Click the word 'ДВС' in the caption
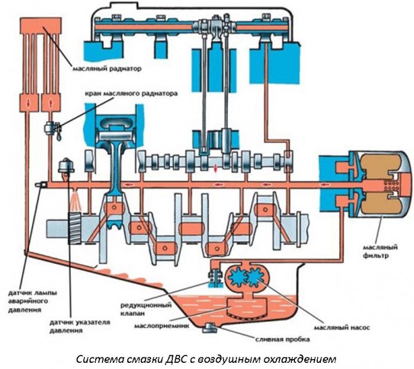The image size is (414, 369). click(x=176, y=359)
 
